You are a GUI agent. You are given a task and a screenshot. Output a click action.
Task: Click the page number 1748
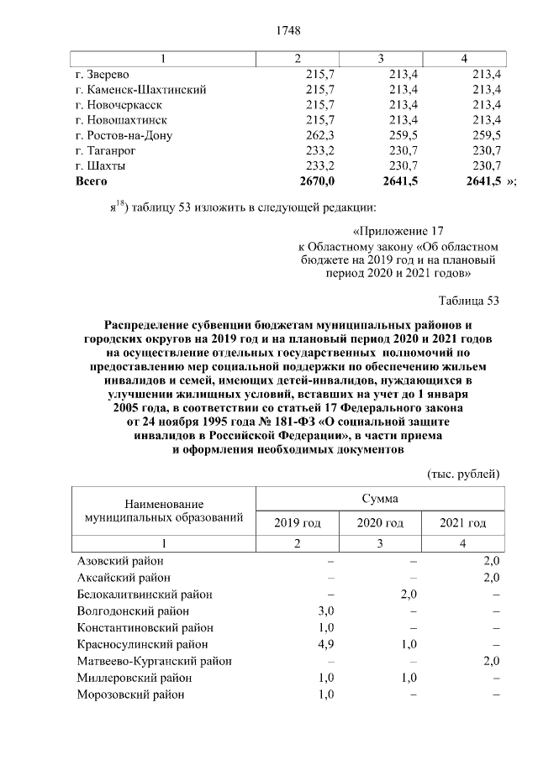tap(288, 32)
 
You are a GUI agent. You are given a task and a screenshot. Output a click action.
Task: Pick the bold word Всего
tap(92, 181)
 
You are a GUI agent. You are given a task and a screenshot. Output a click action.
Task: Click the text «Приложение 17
tap(396, 231)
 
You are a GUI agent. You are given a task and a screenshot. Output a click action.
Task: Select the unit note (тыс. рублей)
tap(464, 474)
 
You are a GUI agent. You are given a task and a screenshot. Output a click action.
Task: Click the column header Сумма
tap(380, 499)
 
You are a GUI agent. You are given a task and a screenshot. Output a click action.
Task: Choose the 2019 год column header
tap(298, 523)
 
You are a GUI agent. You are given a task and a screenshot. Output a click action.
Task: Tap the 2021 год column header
tap(462, 523)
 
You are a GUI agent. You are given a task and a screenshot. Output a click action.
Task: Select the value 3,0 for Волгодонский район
tap(326, 611)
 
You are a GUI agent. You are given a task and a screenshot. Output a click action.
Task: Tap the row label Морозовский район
tap(130, 695)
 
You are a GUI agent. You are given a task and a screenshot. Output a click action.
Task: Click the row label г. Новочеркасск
tap(119, 105)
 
